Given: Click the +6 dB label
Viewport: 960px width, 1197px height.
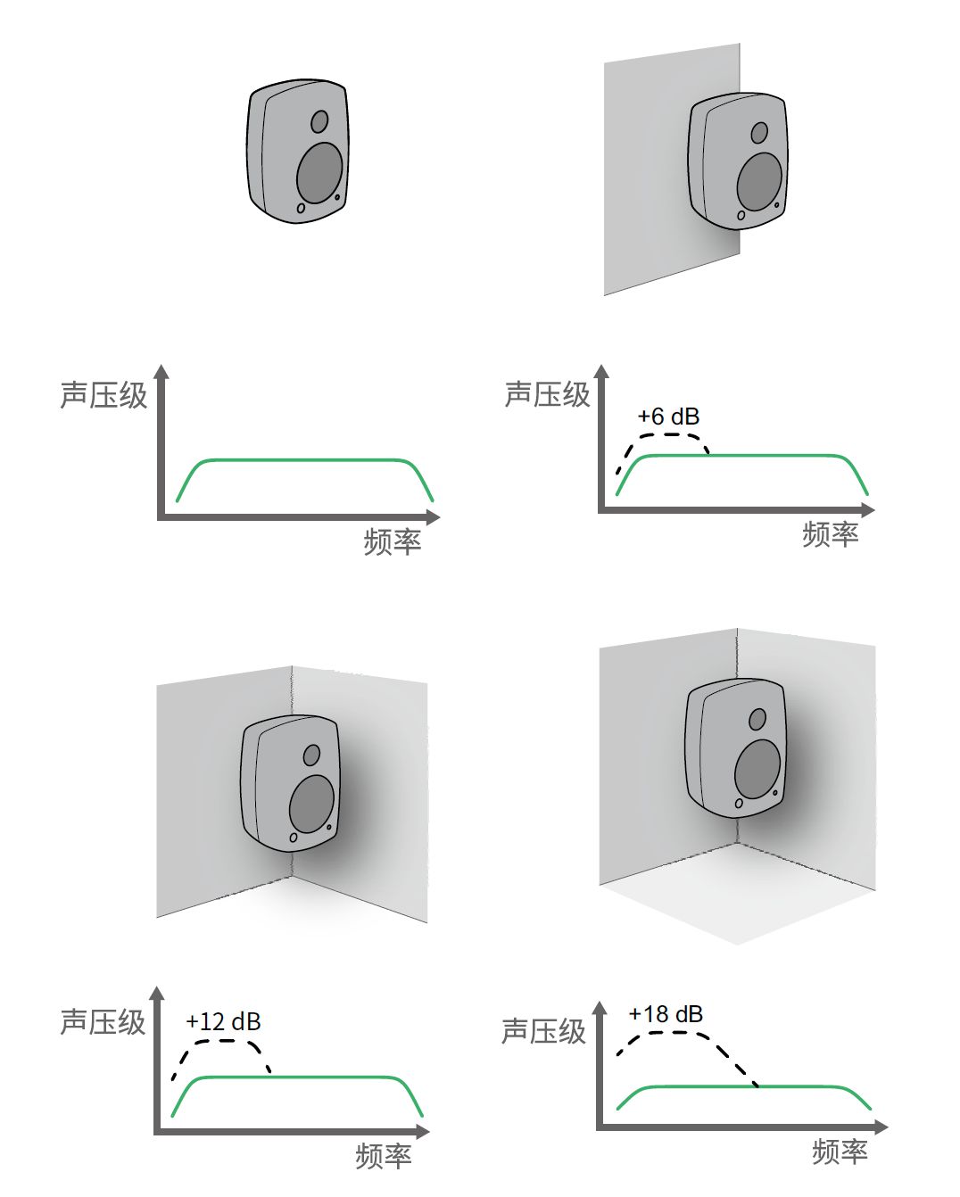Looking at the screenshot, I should (668, 417).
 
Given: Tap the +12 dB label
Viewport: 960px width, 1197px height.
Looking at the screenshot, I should (223, 1021).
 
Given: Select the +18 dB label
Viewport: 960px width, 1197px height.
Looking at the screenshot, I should (666, 1014).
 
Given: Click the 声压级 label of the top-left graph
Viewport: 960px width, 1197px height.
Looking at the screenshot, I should (103, 394).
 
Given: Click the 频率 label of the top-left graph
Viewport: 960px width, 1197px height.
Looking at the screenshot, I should (392, 541).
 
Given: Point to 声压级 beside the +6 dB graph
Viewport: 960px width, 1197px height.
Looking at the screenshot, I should (547, 393).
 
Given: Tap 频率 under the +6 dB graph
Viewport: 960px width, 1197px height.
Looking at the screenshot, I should (830, 533).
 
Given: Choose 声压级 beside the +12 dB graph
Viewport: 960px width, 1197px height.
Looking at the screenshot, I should (103, 1021).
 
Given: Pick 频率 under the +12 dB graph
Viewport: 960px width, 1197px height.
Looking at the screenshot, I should (383, 1156).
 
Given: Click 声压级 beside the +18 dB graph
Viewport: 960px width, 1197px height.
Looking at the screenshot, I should (543, 1031).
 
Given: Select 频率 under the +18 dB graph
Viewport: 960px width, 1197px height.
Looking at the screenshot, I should (840, 1152).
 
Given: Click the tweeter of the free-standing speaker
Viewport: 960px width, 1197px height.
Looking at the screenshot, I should (319, 120).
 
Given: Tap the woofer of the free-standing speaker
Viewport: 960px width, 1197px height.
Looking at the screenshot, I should (319, 173).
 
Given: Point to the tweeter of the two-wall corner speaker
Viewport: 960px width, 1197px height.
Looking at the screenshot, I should (311, 755).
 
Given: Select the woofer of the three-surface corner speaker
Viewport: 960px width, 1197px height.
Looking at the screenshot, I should (757, 769).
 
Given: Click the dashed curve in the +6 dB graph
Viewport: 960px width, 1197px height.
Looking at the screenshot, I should (665, 435).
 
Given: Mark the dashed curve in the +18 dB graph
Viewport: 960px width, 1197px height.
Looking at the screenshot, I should (678, 1033).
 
